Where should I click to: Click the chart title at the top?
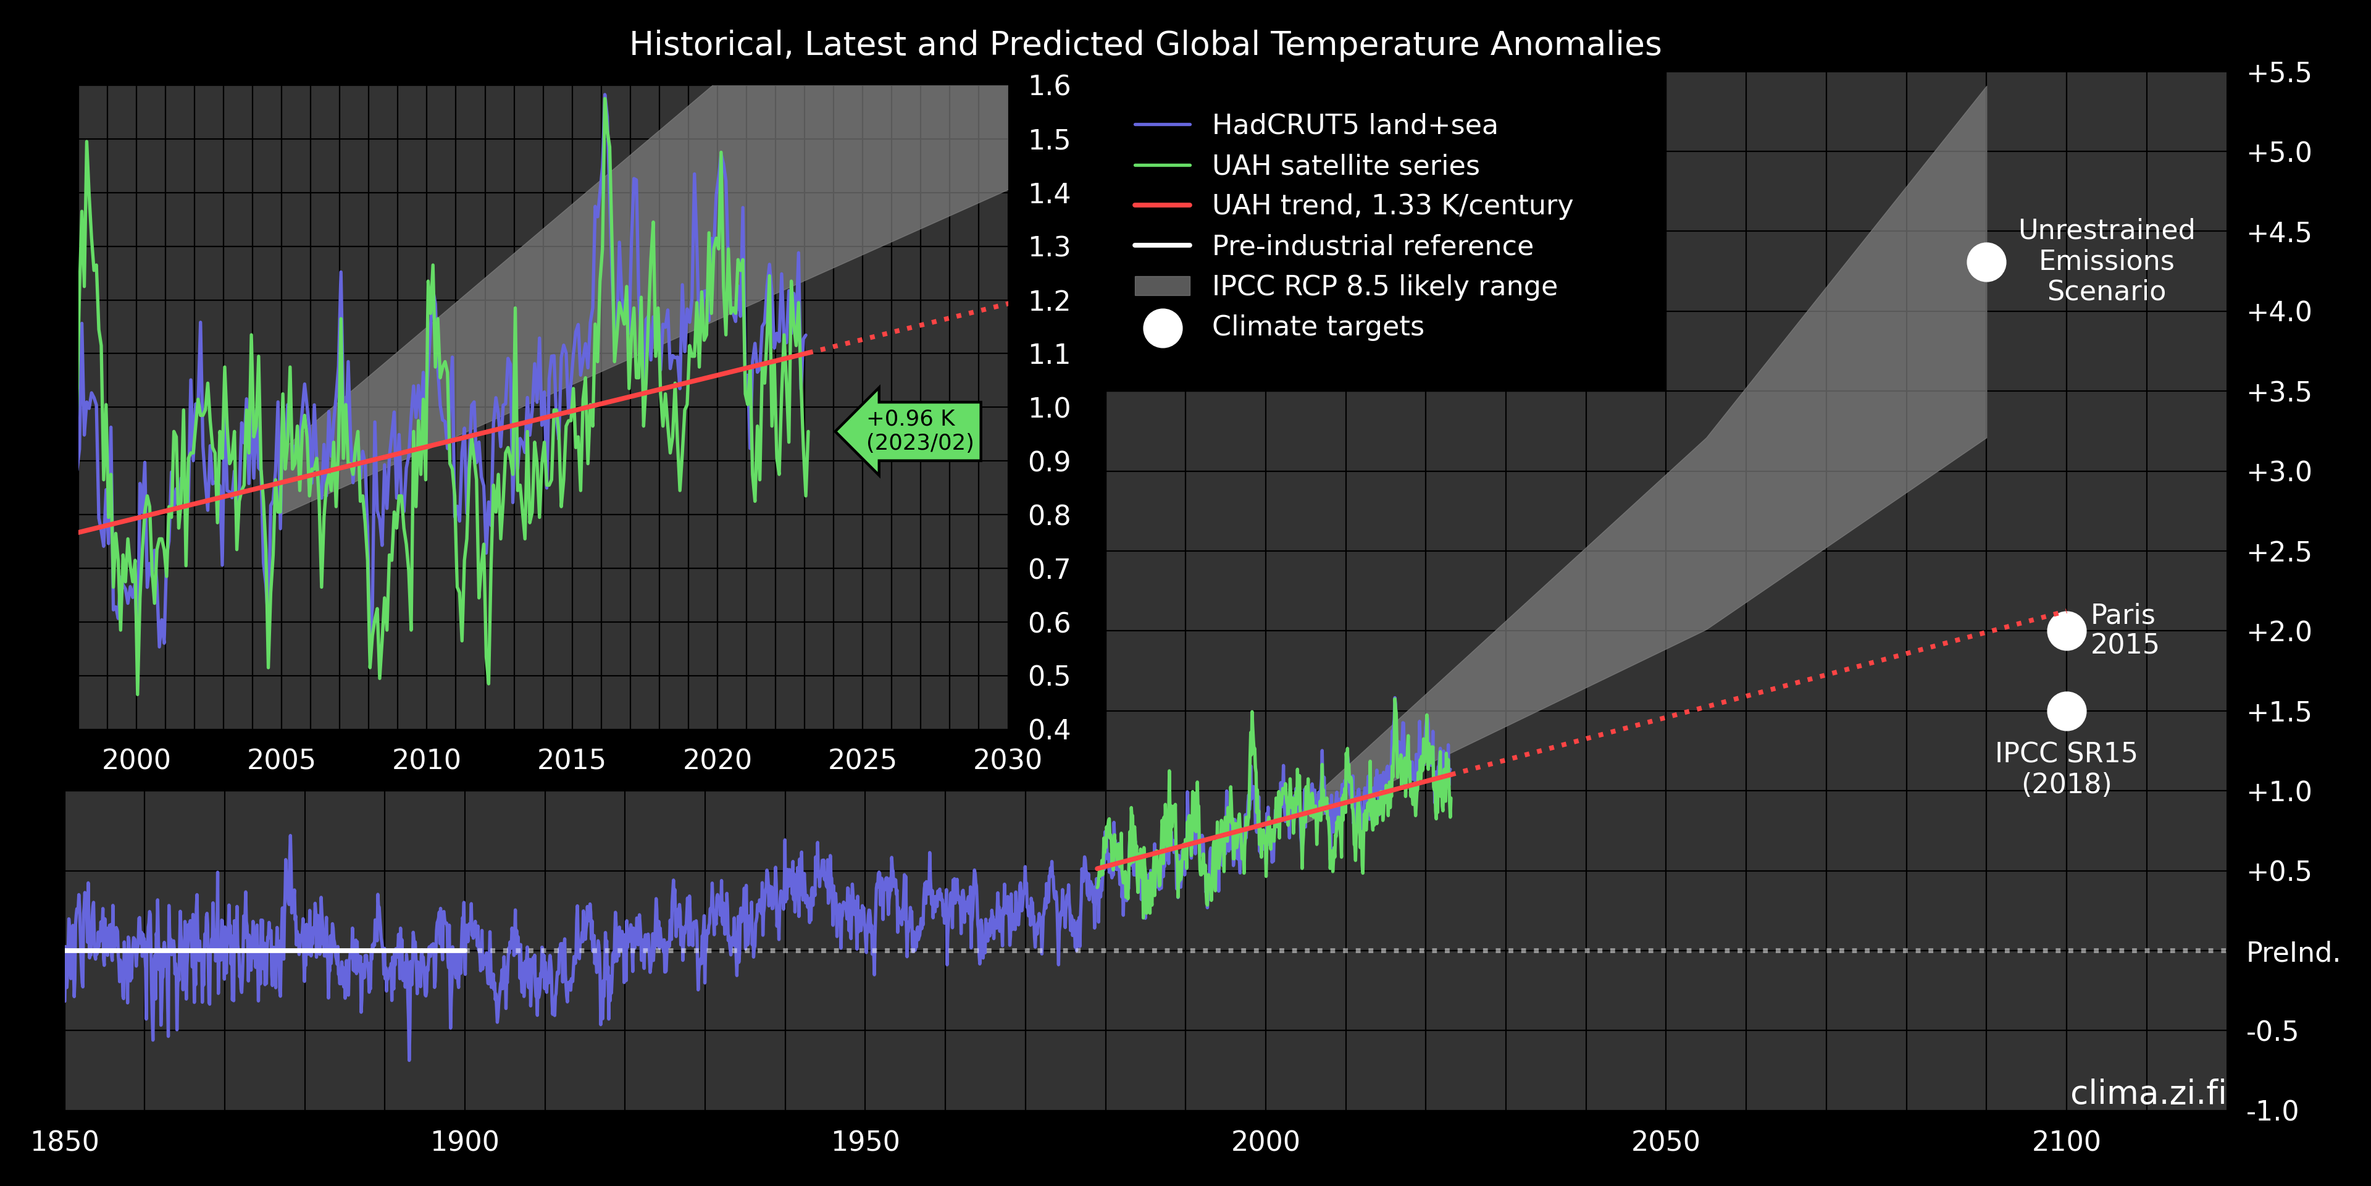tap(1145, 44)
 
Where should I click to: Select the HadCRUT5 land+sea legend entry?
tap(1353, 124)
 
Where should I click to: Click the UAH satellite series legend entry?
tap(1345, 165)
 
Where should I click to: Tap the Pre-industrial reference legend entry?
tap(1371, 246)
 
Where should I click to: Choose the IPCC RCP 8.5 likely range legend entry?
tap(1383, 287)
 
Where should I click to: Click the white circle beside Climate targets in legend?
tap(1163, 328)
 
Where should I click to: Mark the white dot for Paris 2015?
tap(2067, 631)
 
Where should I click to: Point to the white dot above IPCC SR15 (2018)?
tap(2067, 711)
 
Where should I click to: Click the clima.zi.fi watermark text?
tap(2147, 1092)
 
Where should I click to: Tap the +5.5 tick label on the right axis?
tap(2278, 73)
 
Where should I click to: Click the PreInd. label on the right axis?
tap(2292, 952)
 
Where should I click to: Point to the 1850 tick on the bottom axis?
tap(64, 1142)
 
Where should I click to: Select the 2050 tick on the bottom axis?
tap(1665, 1142)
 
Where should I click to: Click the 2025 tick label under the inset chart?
tap(861, 760)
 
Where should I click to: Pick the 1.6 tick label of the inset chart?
tap(1049, 86)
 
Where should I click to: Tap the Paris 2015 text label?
tap(2123, 629)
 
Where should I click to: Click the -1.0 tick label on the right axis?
tap(2272, 1111)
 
